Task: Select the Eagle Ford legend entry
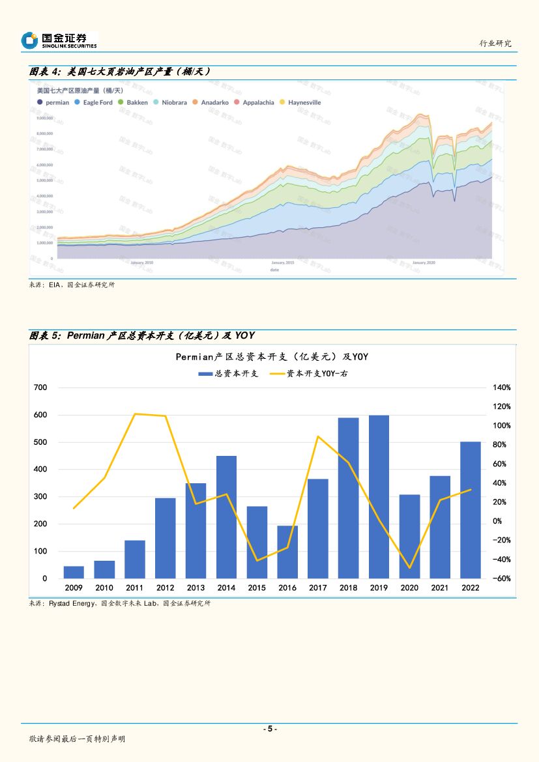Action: click(94, 102)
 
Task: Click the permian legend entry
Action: click(53, 102)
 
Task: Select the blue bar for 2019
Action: click(379, 496)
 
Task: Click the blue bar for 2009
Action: click(74, 572)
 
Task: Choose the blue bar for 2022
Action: click(471, 510)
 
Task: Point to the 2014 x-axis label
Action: click(226, 587)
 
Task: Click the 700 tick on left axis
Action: click(40, 388)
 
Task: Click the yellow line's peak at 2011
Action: click(135, 414)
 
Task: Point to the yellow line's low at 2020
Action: click(409, 568)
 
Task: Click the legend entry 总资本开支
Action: click(229, 374)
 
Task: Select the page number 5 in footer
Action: click(269, 729)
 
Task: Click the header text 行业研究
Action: click(495, 43)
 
